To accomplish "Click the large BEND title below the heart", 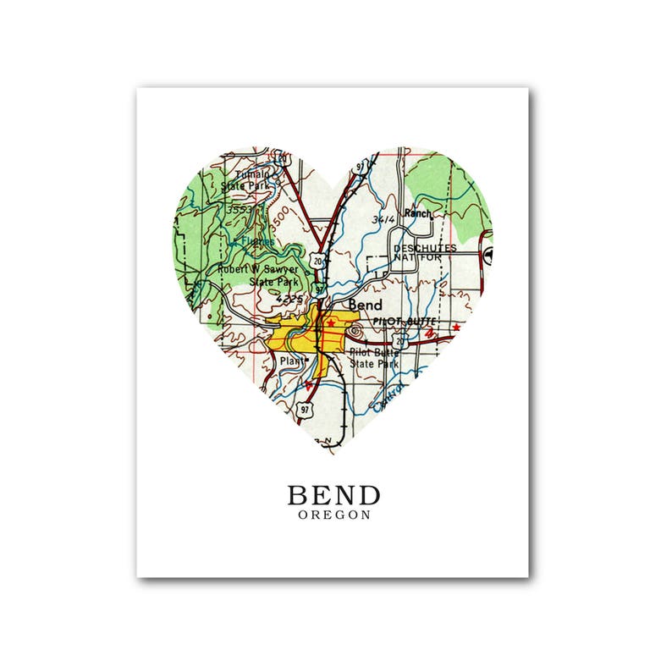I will tap(333, 495).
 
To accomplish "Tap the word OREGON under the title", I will tap(333, 515).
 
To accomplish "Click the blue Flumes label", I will tap(253, 241).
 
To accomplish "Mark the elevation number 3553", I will tap(242, 207).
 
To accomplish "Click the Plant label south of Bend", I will tap(293, 361).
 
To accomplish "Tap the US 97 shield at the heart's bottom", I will tap(306, 410).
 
